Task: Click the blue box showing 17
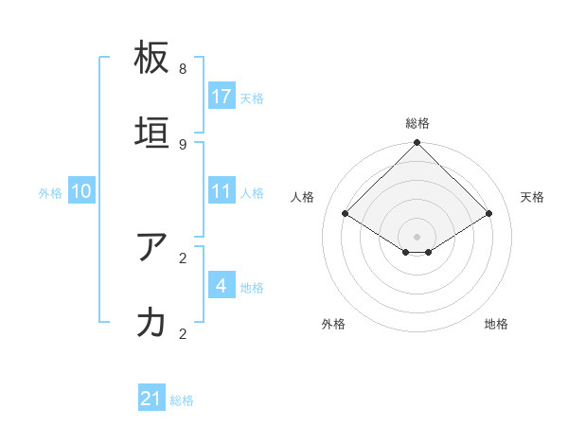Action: coord(222,97)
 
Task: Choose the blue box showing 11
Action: coord(222,191)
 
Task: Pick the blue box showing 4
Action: coord(222,286)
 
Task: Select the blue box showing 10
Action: coord(81,191)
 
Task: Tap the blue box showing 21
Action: coord(151,400)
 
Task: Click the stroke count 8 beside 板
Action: coord(183,69)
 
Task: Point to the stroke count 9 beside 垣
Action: coord(183,145)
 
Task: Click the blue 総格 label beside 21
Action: coord(182,400)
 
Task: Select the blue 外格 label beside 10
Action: coord(50,192)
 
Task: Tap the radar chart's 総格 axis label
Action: coord(417,123)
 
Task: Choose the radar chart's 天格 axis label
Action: coord(532,197)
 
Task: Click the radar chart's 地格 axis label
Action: coord(496,324)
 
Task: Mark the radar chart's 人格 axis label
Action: coord(302,197)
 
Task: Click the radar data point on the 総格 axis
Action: coord(417,144)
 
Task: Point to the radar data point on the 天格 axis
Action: coord(489,214)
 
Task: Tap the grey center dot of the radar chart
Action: coord(417,236)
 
